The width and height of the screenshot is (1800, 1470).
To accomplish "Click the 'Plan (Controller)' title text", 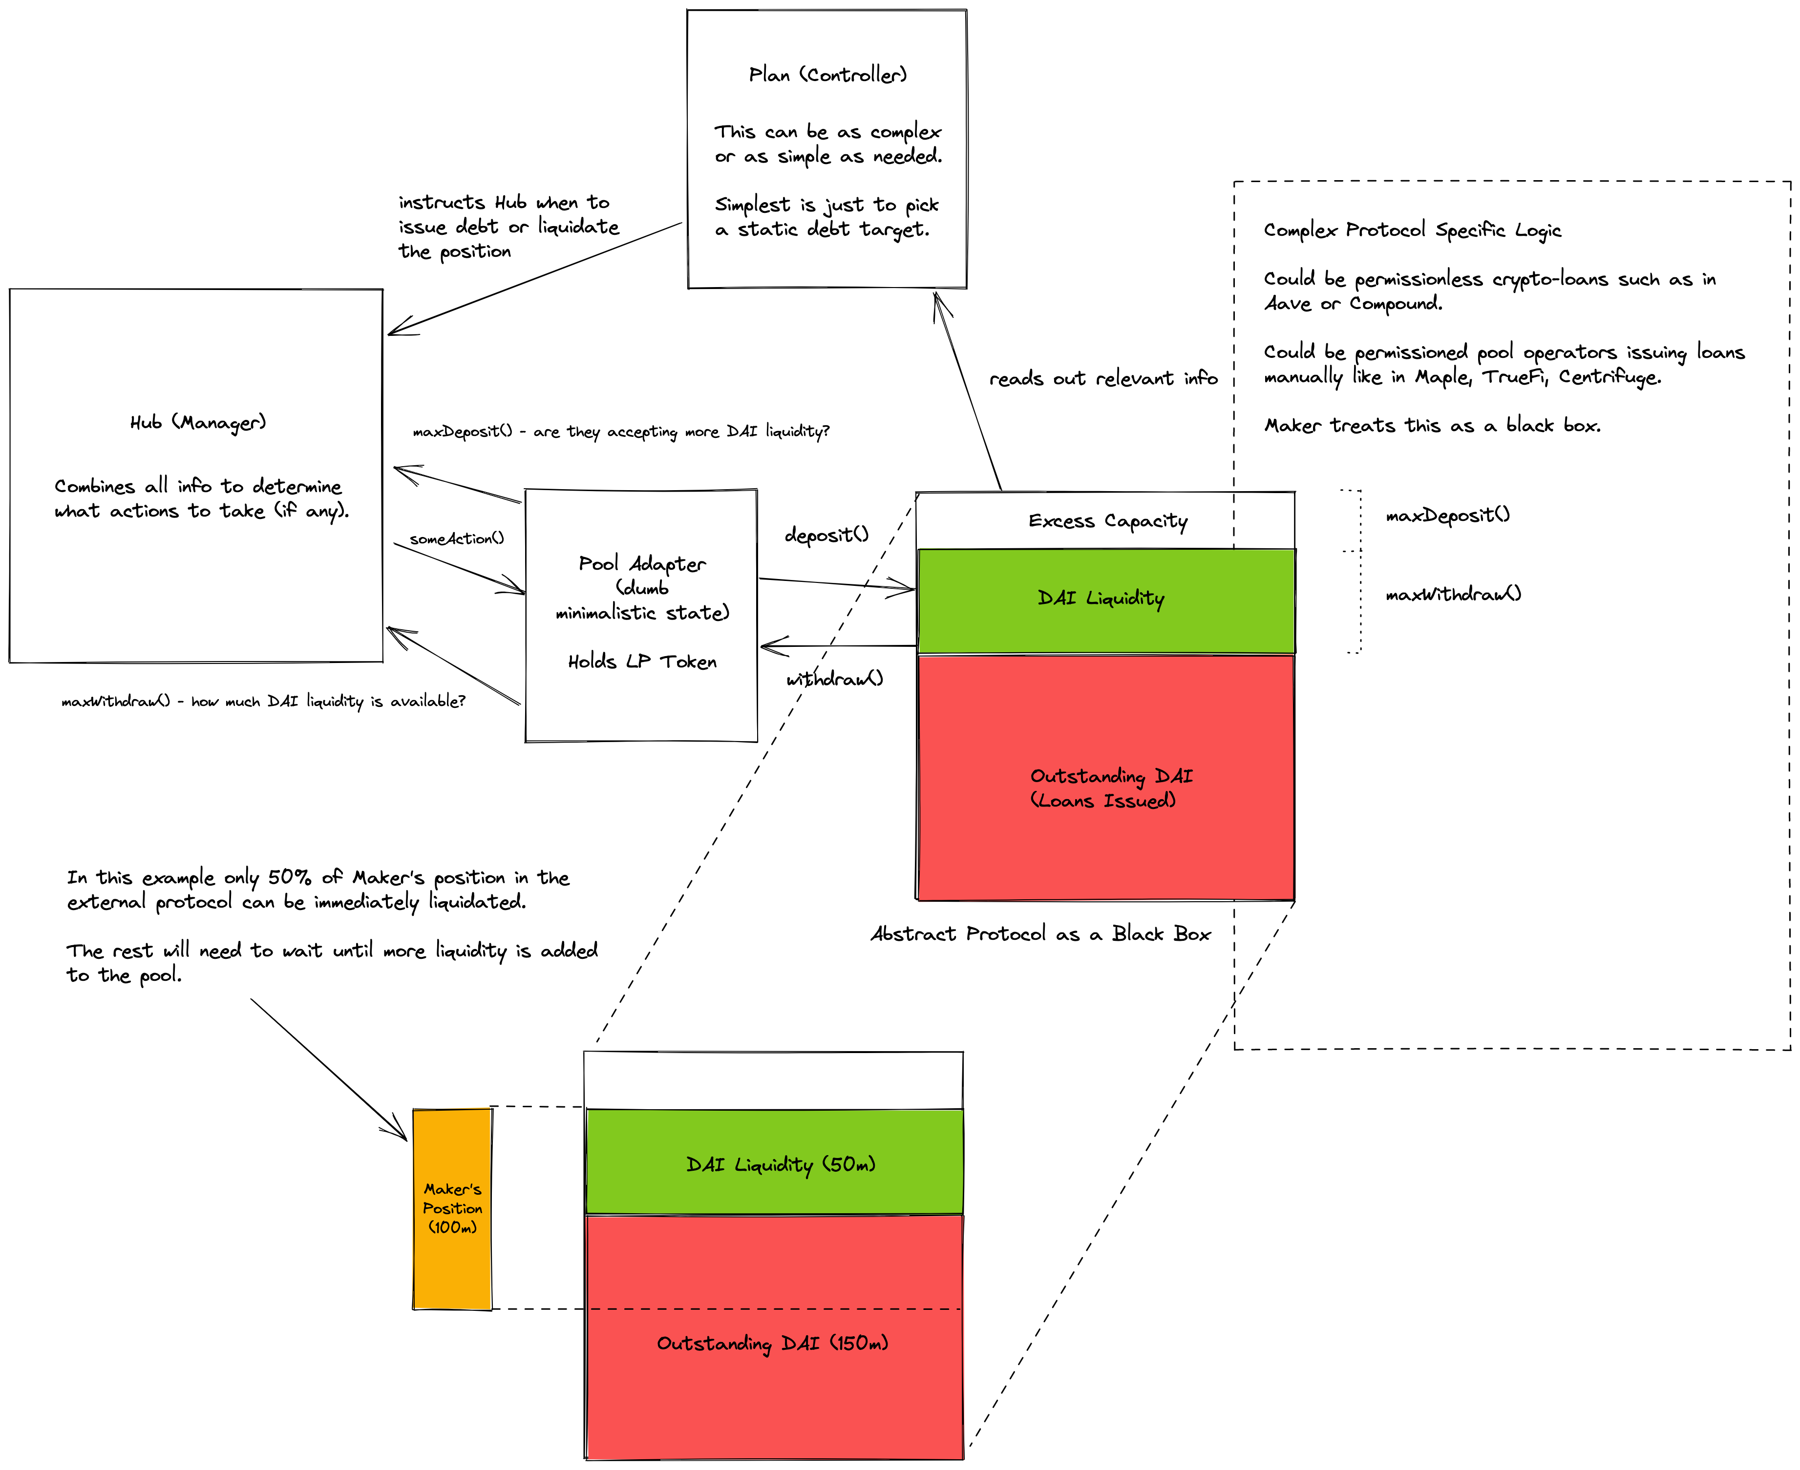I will (x=827, y=75).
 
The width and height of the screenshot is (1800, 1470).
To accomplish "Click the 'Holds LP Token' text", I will (x=641, y=662).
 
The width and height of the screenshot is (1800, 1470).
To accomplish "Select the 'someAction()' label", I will (x=457, y=538).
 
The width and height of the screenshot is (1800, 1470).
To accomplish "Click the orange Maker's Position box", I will (x=452, y=1208).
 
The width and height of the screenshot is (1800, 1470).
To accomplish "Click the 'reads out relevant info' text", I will (x=1103, y=378).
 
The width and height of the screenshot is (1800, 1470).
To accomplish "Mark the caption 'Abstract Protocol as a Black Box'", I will (x=1040, y=934).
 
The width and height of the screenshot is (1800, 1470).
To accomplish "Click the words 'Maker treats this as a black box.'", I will (x=1432, y=426).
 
